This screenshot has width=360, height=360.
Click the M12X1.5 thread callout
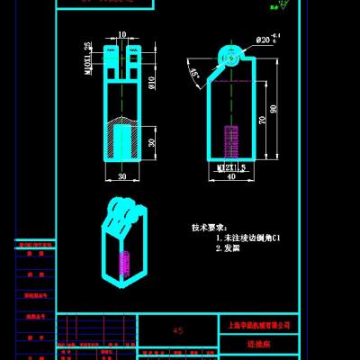pos(225,166)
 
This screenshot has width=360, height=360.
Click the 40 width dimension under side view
pos(232,176)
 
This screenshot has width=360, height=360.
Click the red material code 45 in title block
pos(176,331)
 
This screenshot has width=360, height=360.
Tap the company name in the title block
pos(256,323)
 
